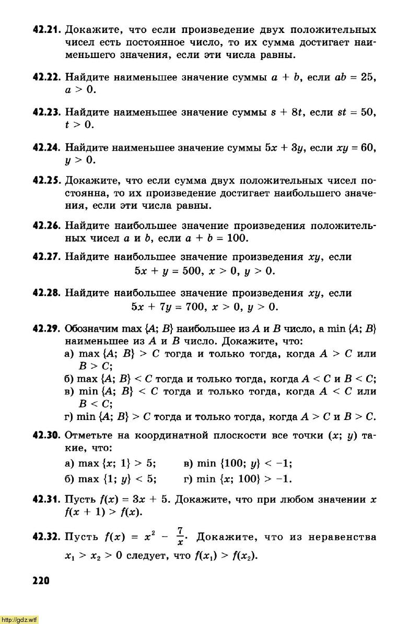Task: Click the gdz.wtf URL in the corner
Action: (x=19, y=620)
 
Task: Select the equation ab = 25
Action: (x=355, y=77)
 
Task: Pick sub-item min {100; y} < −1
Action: (x=238, y=463)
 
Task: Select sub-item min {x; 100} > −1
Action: (x=238, y=479)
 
